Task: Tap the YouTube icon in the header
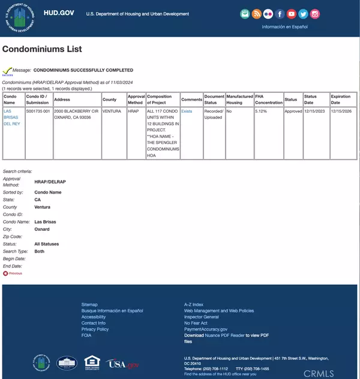pyautogui.click(x=292, y=14)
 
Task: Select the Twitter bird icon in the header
pyautogui.click(x=303, y=14)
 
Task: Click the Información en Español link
pyautogui.click(x=284, y=27)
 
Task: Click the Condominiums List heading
pyautogui.click(x=42, y=49)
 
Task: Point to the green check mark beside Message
pyautogui.click(x=8, y=71)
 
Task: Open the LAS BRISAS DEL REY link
pyautogui.click(x=12, y=117)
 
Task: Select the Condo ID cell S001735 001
pyautogui.click(x=38, y=112)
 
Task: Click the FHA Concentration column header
pyautogui.click(x=268, y=99)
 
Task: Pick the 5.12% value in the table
pyautogui.click(x=261, y=112)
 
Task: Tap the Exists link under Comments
pyautogui.click(x=187, y=112)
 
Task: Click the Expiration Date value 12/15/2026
pyautogui.click(x=340, y=112)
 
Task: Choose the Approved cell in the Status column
pyautogui.click(x=293, y=112)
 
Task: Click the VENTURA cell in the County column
pyautogui.click(x=112, y=112)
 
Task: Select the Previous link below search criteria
pyautogui.click(x=14, y=273)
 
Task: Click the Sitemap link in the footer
pyautogui.click(x=89, y=305)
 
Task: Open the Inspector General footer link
pyautogui.click(x=201, y=317)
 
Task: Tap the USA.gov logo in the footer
pyautogui.click(x=122, y=363)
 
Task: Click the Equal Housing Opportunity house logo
pyautogui.click(x=92, y=362)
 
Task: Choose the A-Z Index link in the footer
pyautogui.click(x=194, y=305)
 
